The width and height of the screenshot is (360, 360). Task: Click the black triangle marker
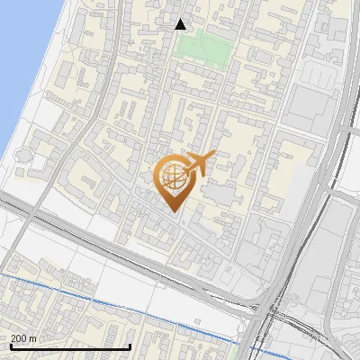[x=181, y=24]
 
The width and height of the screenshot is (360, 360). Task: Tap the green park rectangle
[x=202, y=45]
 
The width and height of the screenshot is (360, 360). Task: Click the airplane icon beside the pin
[x=200, y=163]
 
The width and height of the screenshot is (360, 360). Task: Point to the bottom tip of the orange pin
[x=174, y=212]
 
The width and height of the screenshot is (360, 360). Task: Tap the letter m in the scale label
[x=33, y=338]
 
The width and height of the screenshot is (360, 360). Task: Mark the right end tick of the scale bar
[x=130, y=346]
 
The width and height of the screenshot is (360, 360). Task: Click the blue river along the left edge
[x=22, y=54]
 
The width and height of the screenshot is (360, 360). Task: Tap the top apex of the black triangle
[x=181, y=19]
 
